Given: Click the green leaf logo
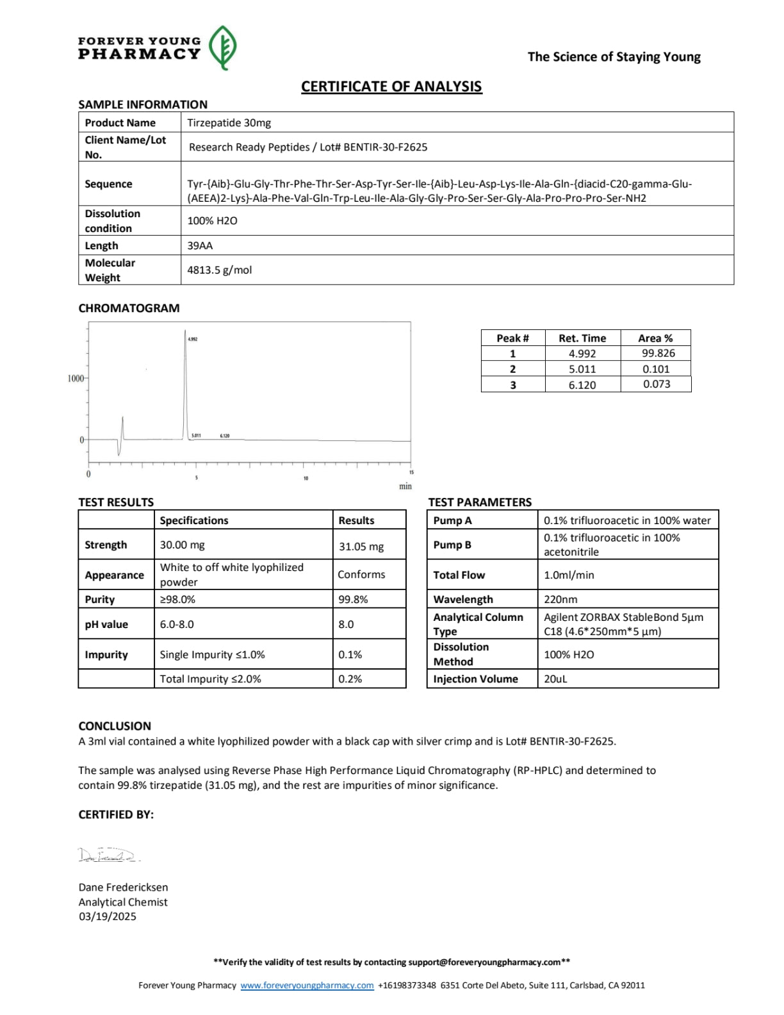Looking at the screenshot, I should (223, 47).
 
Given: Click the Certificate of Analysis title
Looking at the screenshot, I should (391, 87).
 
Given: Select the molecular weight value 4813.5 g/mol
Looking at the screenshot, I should (219, 270).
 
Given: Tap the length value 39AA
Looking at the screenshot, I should (200, 245).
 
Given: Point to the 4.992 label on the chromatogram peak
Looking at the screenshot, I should (192, 339).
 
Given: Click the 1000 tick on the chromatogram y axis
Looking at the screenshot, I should (76, 378).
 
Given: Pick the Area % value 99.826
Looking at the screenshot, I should (658, 353).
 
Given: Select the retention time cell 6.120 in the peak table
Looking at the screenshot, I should (582, 384).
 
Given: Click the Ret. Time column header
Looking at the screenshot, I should (582, 338).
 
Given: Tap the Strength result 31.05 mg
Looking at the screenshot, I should (361, 547).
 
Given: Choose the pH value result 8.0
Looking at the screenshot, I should (346, 624).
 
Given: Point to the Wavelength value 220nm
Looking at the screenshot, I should (560, 599).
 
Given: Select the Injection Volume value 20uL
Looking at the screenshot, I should (555, 679).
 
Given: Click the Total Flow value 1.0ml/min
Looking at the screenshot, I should (569, 575).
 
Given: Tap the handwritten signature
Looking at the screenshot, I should (108, 855).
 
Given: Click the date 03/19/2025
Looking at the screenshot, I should (108, 916).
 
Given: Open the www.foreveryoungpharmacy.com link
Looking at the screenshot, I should (307, 985).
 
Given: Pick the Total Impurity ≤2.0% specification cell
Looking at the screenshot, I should (210, 679).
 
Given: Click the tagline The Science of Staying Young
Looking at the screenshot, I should (614, 56).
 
